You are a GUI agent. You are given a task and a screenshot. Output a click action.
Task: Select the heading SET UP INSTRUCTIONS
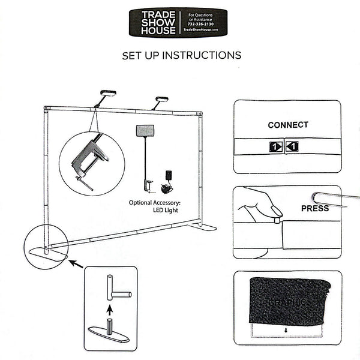click(181, 55)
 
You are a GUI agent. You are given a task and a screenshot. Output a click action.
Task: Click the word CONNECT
click(287, 125)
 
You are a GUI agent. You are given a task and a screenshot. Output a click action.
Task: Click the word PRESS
click(314, 209)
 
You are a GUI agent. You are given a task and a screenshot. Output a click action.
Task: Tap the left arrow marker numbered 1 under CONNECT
click(275, 146)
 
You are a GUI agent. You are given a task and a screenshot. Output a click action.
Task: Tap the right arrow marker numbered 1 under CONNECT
click(292, 146)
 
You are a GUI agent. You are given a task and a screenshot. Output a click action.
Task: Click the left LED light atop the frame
click(108, 94)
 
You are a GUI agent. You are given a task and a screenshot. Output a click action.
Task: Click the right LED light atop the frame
click(162, 99)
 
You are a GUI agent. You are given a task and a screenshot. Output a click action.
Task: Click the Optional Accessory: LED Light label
click(155, 207)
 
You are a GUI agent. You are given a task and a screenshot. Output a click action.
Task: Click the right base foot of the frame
click(203, 227)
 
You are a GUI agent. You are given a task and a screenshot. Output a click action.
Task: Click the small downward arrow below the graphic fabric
click(287, 330)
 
